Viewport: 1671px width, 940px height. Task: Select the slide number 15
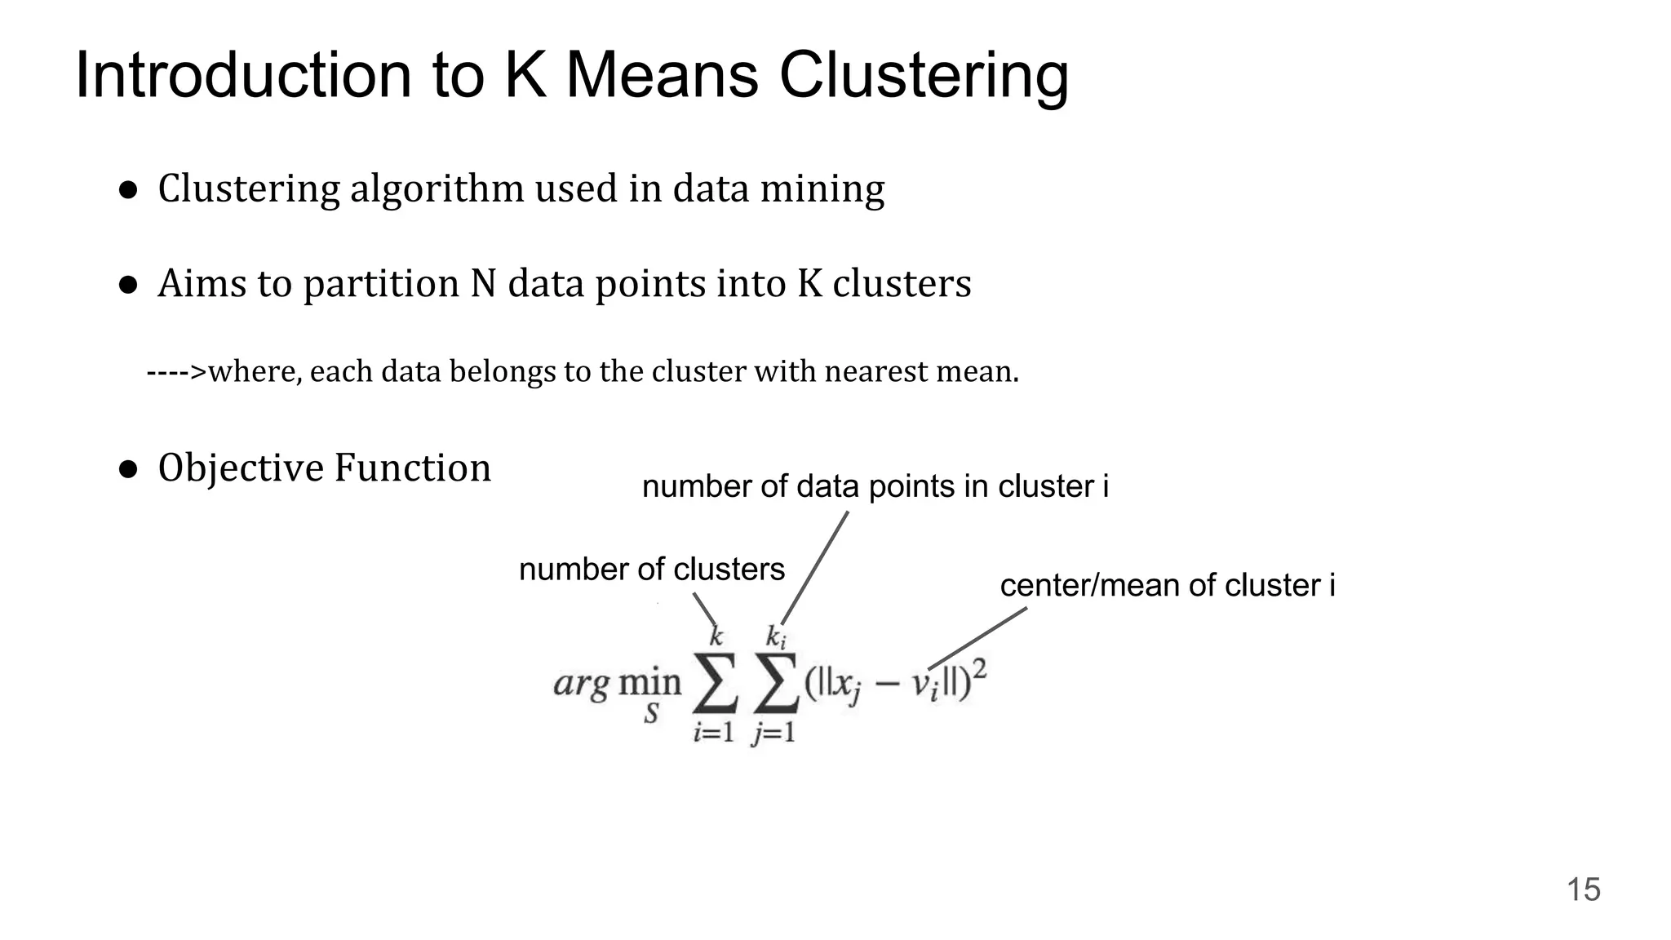(x=1583, y=889)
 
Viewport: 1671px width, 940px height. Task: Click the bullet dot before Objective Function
(x=127, y=469)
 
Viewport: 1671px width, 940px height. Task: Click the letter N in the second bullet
(x=484, y=284)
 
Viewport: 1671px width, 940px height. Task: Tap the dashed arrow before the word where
(x=176, y=372)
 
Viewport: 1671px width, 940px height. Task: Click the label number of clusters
(x=651, y=569)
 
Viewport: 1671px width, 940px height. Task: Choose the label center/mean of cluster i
(x=1167, y=585)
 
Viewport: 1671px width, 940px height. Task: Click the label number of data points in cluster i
(x=875, y=486)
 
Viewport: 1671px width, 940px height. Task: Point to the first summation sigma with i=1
(x=715, y=682)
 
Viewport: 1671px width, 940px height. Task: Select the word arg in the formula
(x=580, y=683)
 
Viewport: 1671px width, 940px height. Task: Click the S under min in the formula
(x=650, y=715)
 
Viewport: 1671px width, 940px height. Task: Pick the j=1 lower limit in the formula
(x=773, y=734)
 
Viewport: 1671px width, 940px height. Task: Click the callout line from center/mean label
(x=977, y=638)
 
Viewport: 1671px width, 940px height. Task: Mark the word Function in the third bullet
(x=412, y=468)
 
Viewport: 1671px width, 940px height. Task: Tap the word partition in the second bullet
(x=381, y=284)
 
